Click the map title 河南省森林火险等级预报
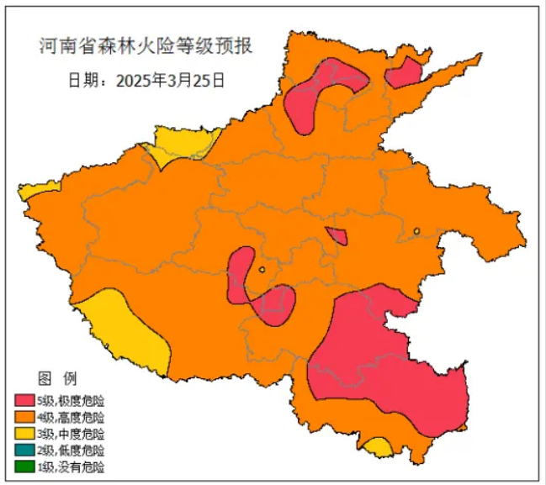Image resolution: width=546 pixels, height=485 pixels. (146, 45)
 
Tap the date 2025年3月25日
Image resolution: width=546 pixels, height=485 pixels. (146, 81)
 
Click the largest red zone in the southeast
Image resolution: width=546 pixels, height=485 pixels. (383, 361)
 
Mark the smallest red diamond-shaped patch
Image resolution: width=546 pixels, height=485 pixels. (337, 235)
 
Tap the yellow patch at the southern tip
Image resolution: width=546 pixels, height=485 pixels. (379, 447)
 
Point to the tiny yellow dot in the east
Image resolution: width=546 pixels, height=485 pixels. (416, 231)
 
